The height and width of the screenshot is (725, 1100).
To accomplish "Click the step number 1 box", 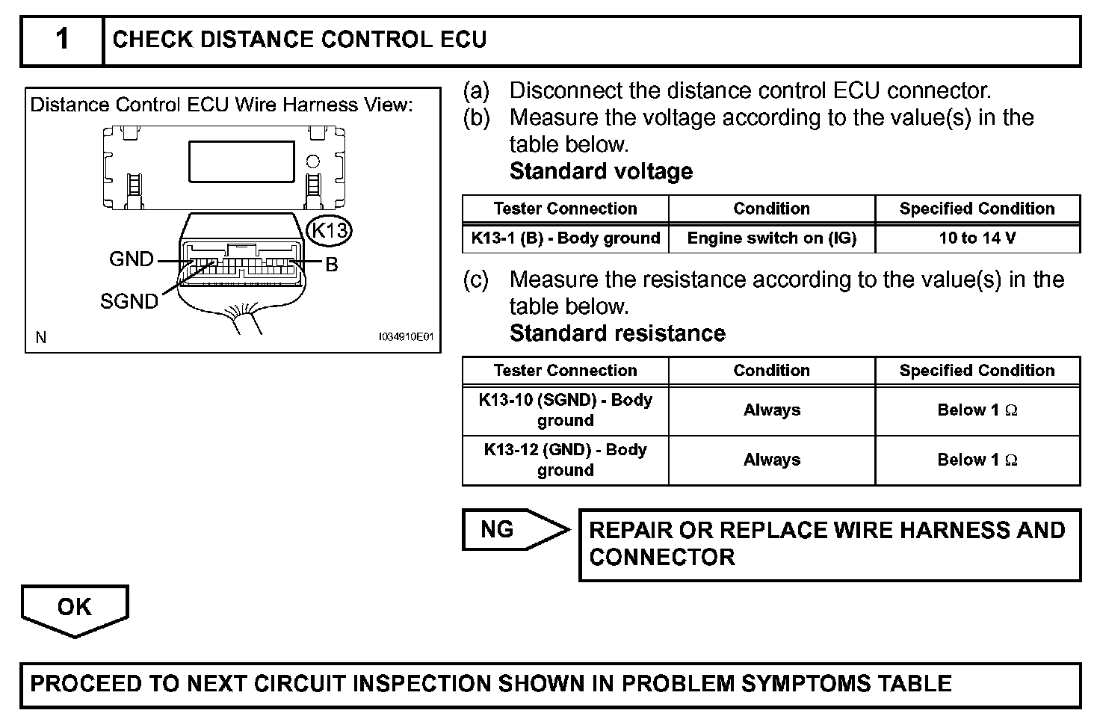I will pyautogui.click(x=62, y=40).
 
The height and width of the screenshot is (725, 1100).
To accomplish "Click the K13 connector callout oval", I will pyautogui.click(x=329, y=229).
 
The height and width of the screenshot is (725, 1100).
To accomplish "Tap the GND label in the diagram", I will pyautogui.click(x=131, y=259).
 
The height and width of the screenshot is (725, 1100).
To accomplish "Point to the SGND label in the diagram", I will pyautogui.click(x=129, y=301).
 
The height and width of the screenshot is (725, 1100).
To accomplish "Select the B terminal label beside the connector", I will pyautogui.click(x=332, y=264).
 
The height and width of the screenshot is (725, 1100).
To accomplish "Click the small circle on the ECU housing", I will pyautogui.click(x=314, y=161).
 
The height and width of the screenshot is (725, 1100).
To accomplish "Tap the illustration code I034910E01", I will pyautogui.click(x=406, y=337).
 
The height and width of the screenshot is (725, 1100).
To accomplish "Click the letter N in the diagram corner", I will pyautogui.click(x=41, y=338).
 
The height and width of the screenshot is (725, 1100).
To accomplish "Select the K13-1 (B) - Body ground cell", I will pyautogui.click(x=566, y=238).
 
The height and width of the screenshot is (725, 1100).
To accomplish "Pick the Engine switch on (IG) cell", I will pyautogui.click(x=772, y=238).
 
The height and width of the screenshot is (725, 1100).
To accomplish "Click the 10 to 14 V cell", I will pyautogui.click(x=977, y=238).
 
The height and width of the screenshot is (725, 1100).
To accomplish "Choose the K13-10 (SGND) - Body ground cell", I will pyautogui.click(x=566, y=410).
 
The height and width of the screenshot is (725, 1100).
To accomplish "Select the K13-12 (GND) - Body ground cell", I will pyautogui.click(x=566, y=460).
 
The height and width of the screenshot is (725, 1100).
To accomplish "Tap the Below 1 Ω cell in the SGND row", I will pyautogui.click(x=977, y=410).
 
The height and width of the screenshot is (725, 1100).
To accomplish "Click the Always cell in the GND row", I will pyautogui.click(x=772, y=460).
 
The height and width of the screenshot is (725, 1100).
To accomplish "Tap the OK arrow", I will pyautogui.click(x=75, y=609).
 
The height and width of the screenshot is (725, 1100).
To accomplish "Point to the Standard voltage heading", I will pyautogui.click(x=601, y=172).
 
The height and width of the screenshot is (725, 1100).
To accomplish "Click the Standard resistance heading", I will pyautogui.click(x=617, y=333).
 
